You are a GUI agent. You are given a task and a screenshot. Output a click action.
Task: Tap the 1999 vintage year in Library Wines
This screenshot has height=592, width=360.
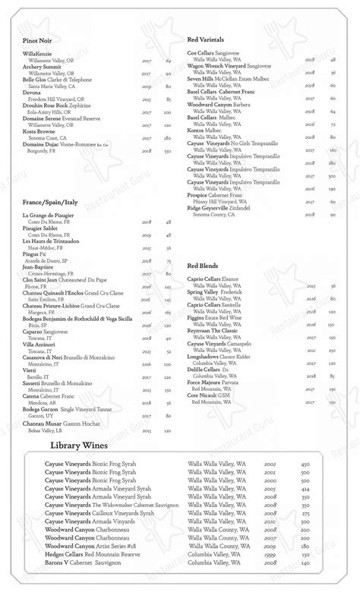click(270, 554)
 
